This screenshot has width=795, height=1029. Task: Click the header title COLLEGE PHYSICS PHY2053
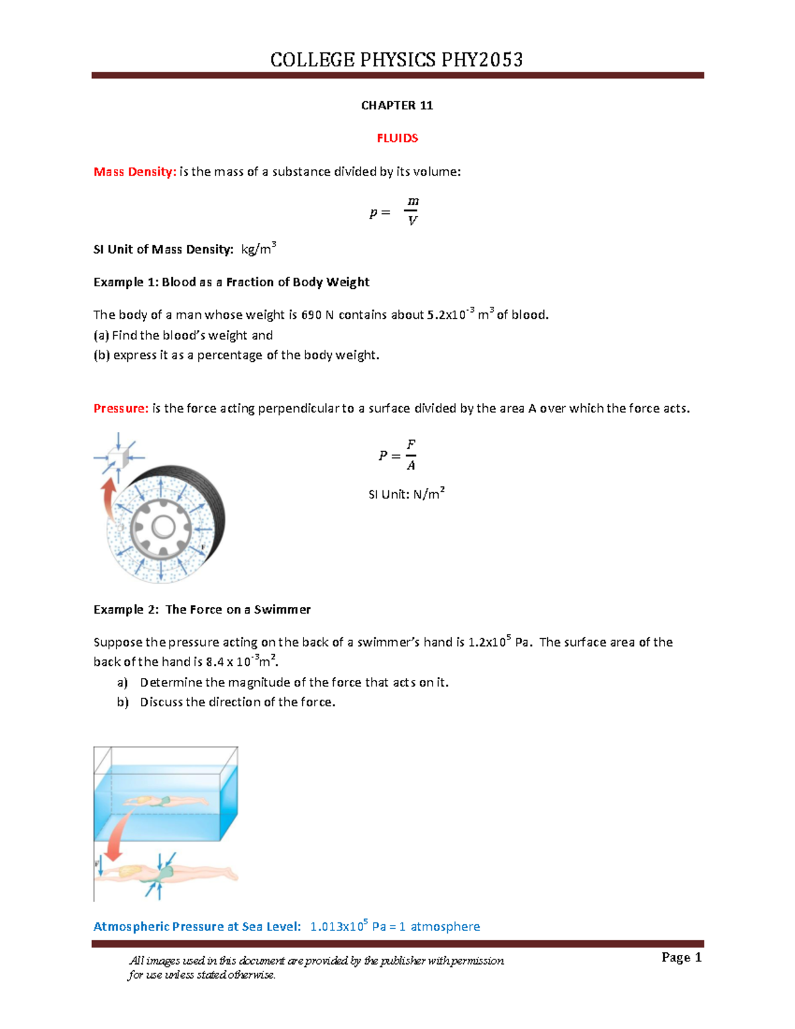point(396,60)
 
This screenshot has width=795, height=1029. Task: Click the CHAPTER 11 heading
point(397,105)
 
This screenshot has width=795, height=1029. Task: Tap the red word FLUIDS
point(397,138)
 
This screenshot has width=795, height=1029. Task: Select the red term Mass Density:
point(134,172)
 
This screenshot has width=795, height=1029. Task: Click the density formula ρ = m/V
point(395,211)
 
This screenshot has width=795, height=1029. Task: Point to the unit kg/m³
point(258,249)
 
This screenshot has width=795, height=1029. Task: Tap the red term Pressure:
point(121,408)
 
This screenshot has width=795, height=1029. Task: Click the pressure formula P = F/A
point(398,455)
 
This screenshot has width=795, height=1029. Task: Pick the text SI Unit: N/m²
point(406,494)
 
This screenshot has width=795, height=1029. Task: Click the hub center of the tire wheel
point(163,527)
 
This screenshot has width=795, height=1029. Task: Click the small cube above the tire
point(118,457)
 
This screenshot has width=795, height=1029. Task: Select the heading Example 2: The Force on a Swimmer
point(201,610)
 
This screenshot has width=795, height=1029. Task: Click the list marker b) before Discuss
point(123,702)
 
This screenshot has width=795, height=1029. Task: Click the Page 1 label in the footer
point(681,957)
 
